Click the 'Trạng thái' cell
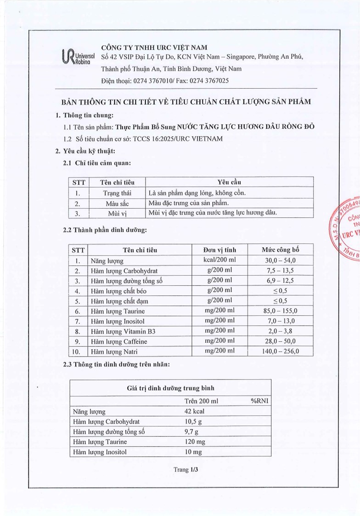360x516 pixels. [118, 193]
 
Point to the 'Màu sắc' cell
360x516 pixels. [118, 203]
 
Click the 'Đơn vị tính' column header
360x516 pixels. [220, 250]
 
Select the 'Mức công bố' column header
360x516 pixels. [280, 250]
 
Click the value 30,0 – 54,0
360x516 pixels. [280, 261]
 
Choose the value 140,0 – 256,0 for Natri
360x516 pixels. [280, 352]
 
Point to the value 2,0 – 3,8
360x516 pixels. [280, 331]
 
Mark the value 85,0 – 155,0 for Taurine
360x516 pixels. [280, 311]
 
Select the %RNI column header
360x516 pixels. [259, 401]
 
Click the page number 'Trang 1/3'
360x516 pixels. [185, 470]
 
